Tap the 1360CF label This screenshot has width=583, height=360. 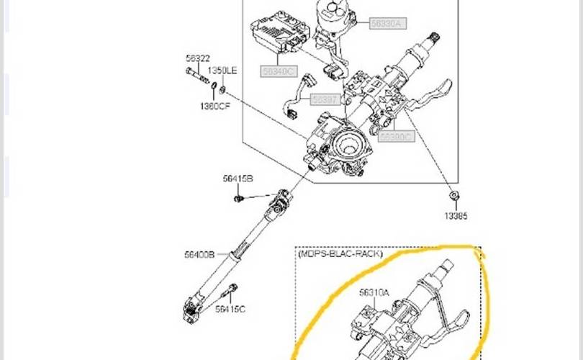click(x=215, y=106)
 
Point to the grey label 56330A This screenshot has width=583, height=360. click(x=388, y=24)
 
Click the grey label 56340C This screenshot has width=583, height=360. click(x=279, y=71)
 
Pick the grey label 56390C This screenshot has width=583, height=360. click(x=397, y=136)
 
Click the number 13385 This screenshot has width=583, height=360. click(x=455, y=215)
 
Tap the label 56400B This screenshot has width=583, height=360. click(x=199, y=253)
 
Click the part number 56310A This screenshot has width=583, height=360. click(x=374, y=292)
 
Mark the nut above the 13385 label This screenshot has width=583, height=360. click(x=454, y=195)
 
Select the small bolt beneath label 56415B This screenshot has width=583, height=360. click(x=238, y=197)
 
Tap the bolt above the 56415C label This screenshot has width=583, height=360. click(x=232, y=291)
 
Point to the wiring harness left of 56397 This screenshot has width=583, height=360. click(x=294, y=97)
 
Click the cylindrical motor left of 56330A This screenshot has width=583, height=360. click(x=335, y=19)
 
